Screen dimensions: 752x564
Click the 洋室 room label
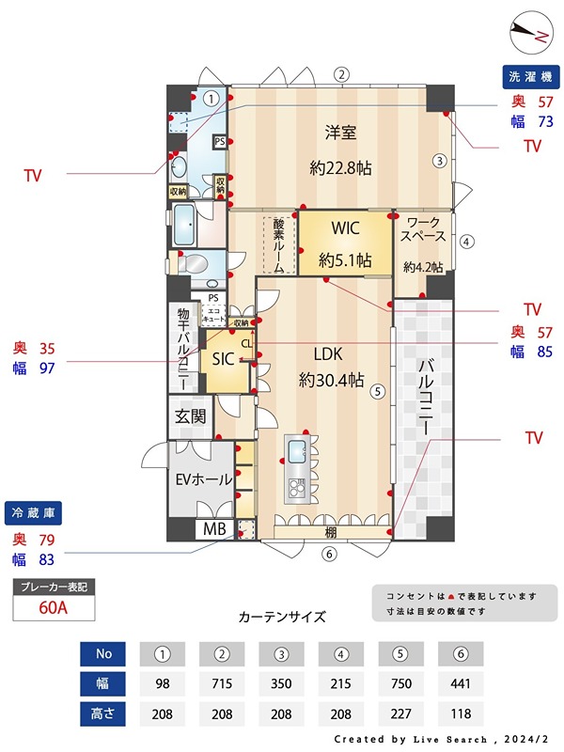click(340, 133)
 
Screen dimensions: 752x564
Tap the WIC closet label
click(344, 228)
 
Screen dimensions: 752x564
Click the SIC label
click(223, 358)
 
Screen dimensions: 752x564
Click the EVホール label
click(204, 479)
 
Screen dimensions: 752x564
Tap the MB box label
click(214, 529)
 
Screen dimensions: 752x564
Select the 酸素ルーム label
click(279, 243)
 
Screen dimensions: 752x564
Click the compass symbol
click(531, 34)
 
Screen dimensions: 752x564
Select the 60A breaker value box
click(54, 607)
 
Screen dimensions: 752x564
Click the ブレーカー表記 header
click(54, 587)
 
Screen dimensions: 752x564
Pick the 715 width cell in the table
click(222, 683)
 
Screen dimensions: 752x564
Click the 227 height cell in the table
click(400, 713)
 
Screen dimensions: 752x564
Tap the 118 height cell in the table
click(460, 713)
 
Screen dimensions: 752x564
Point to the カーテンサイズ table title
click(282, 618)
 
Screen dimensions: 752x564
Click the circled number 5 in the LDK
click(377, 392)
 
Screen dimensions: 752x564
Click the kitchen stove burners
click(296, 486)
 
